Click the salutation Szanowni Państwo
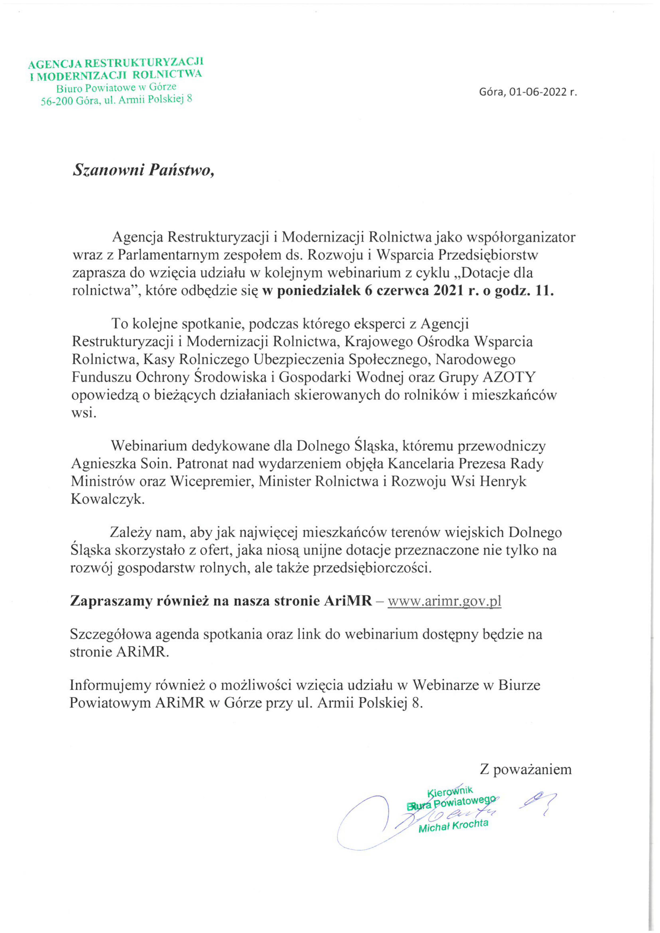pyautogui.click(x=143, y=170)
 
